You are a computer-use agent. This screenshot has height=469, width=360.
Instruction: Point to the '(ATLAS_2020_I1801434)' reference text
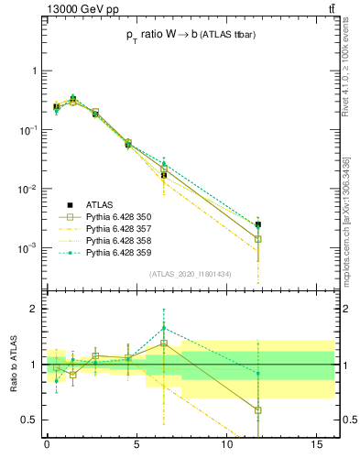click(177, 274)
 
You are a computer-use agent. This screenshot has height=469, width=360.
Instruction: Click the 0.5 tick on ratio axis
click(30, 420)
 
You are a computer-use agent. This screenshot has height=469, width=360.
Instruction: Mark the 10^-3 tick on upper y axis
click(27, 248)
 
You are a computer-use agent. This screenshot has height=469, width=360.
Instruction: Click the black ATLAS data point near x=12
click(258, 224)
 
